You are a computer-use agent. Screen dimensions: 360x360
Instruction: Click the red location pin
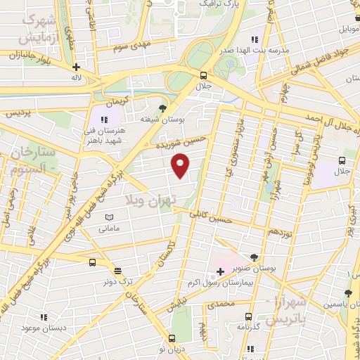click(x=181, y=165)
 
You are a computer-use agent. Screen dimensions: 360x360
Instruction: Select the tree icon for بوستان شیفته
click(x=164, y=108)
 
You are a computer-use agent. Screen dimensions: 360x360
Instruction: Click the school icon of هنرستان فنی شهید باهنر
click(x=105, y=121)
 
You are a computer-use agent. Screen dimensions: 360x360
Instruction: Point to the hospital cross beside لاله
click(x=76, y=67)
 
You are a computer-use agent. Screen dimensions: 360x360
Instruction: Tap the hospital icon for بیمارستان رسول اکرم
click(x=220, y=271)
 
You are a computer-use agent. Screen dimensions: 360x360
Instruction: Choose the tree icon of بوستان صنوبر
click(x=253, y=257)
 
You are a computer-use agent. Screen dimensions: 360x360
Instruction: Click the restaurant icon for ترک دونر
click(x=117, y=269)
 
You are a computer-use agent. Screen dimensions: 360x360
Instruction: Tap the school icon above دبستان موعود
click(x=44, y=317)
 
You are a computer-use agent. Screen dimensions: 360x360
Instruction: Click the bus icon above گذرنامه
click(x=247, y=316)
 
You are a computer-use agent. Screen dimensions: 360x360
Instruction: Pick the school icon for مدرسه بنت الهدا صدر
click(x=255, y=39)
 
